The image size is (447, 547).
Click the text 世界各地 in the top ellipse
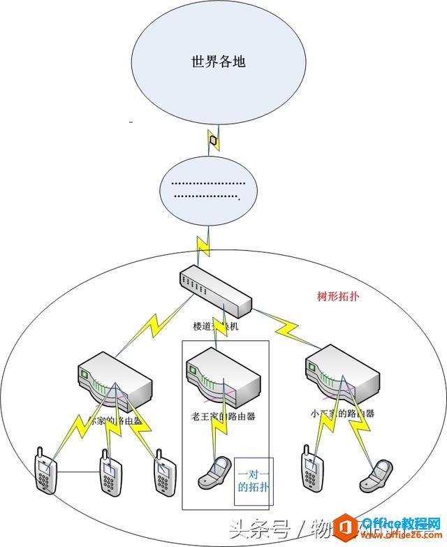(x=219, y=62)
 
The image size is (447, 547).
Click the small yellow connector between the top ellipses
(x=214, y=140)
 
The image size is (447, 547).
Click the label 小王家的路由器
(x=342, y=413)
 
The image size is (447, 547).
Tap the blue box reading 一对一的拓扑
(x=254, y=481)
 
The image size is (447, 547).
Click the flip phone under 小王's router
(x=374, y=474)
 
